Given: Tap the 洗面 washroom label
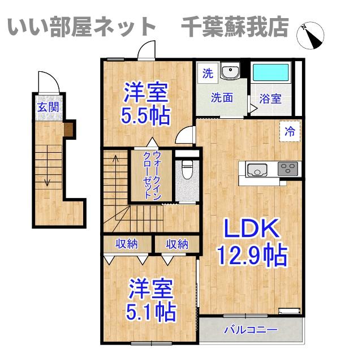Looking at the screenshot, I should (x=222, y=97).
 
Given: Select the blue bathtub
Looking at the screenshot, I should (x=270, y=74).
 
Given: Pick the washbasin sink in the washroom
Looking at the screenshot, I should (x=230, y=72).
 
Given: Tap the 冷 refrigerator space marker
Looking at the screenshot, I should (x=290, y=132).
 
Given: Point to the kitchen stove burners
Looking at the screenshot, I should (x=289, y=168).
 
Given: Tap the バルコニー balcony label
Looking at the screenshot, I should (x=250, y=329).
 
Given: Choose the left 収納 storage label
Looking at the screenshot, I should (x=127, y=244).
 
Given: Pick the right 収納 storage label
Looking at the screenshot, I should (x=177, y=244).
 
